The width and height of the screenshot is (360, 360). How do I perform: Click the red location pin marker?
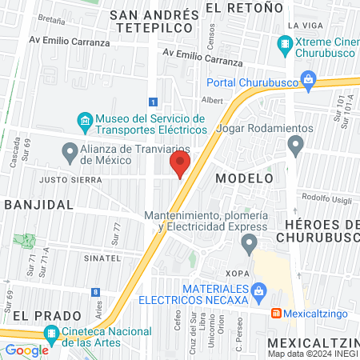pyautogui.click(x=179, y=165)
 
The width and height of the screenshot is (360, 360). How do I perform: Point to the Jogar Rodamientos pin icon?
pyautogui.click(x=296, y=146)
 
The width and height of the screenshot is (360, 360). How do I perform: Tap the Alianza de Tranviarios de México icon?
pyautogui.click(x=69, y=150)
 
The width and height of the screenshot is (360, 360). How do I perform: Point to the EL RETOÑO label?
pyautogui.click(x=245, y=7)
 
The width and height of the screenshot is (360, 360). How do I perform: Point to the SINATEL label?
pyautogui.click(x=102, y=258)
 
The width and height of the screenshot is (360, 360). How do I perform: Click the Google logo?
pyautogui.click(x=26, y=350)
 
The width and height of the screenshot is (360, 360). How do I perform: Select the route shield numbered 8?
pyautogui.click(x=96, y=292)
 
